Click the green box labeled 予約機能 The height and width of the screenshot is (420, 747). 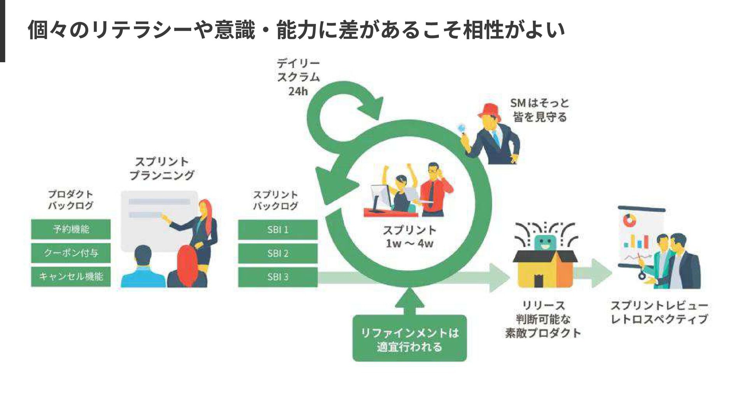(x=71, y=229)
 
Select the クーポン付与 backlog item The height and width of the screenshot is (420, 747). (x=71, y=253)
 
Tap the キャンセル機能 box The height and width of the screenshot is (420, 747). (x=71, y=276)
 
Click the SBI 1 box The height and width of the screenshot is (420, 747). (x=278, y=229)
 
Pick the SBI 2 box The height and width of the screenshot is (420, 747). (x=278, y=253)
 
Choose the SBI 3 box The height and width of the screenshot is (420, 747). (x=278, y=277)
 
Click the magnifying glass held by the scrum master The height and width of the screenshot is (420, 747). (x=462, y=128)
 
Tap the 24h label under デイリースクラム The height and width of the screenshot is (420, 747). (x=298, y=91)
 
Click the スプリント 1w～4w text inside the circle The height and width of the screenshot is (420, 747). (x=409, y=236)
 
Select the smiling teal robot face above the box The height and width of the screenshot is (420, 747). (x=544, y=243)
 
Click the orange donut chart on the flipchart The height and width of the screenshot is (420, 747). (x=629, y=220)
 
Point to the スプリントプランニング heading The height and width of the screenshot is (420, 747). (x=162, y=168)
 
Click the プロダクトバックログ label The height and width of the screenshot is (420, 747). (x=70, y=199)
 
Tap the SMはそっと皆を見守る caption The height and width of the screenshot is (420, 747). (x=539, y=110)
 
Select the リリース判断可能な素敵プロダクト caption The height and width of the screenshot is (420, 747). (x=543, y=319)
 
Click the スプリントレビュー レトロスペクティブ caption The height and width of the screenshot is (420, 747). (x=659, y=312)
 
